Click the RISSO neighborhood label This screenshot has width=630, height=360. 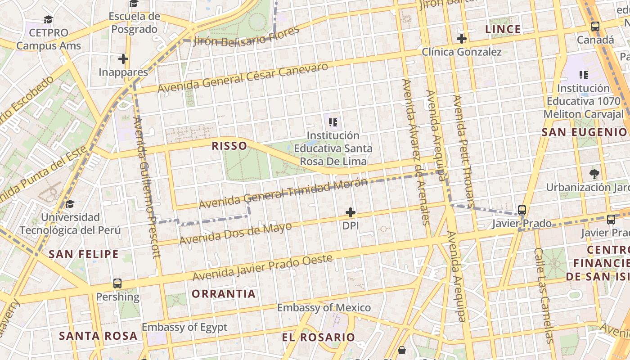[x=229, y=146]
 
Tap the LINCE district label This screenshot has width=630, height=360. [x=503, y=30]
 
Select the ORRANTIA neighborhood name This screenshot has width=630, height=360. [x=224, y=294]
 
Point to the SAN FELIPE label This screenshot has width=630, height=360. [x=84, y=254]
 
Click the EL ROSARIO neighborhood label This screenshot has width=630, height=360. [x=318, y=337]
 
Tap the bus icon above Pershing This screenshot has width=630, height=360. [x=117, y=283]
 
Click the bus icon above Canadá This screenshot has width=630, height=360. [x=595, y=27]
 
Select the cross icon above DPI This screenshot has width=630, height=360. [x=350, y=212]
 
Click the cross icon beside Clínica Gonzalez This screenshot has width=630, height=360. [x=461, y=39]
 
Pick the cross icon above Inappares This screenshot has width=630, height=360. [x=123, y=59]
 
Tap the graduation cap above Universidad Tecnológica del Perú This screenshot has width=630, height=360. [x=70, y=204]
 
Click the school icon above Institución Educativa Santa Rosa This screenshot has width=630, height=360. [x=333, y=122]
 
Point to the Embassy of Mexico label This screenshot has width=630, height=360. [x=324, y=308]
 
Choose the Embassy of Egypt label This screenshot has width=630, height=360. [x=184, y=327]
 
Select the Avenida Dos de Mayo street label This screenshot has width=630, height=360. [x=235, y=234]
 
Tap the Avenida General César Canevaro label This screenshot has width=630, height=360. [x=243, y=78]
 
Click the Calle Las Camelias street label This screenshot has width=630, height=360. [x=543, y=295]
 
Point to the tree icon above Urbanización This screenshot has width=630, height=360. [x=594, y=174]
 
